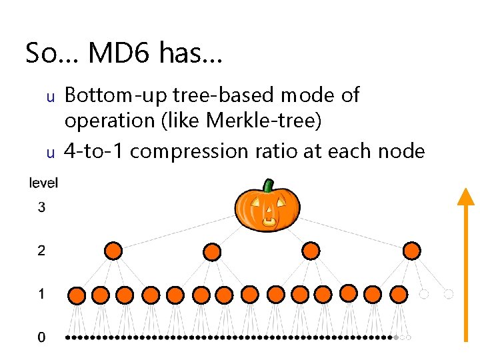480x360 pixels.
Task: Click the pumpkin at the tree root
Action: tap(267, 208)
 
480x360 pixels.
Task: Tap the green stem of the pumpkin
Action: tap(268, 185)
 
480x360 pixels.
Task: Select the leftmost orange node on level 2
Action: tap(113, 251)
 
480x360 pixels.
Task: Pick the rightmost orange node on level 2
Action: tap(412, 251)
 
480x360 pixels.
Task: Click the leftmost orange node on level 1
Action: tap(77, 295)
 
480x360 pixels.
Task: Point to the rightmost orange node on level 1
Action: tap(399, 294)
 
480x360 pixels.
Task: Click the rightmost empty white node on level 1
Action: tap(449, 294)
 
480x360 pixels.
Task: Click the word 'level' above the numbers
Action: tap(44, 183)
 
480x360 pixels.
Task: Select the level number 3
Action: tap(41, 207)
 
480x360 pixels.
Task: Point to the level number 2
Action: tap(41, 251)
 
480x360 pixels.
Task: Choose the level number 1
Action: tap(41, 294)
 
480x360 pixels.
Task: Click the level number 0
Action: tap(41, 338)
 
